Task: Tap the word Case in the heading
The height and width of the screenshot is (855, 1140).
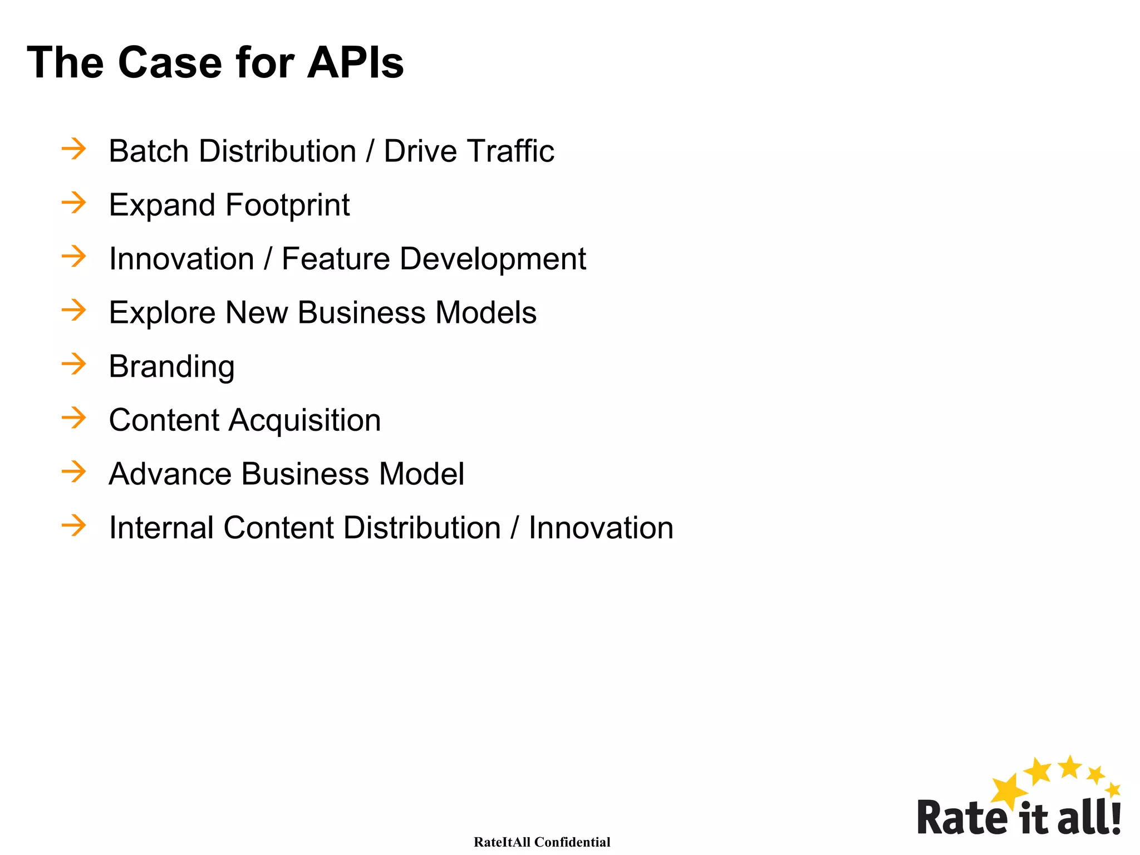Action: coord(170,62)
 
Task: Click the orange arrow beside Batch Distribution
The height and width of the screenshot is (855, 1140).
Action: coord(74,149)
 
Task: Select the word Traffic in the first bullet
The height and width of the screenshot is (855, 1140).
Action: coord(510,151)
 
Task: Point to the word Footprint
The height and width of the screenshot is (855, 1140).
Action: coord(287,205)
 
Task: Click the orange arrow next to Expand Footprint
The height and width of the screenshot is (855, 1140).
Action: coord(74,203)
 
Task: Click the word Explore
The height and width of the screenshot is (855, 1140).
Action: coord(162,313)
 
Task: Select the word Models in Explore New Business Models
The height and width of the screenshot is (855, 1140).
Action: coord(486,313)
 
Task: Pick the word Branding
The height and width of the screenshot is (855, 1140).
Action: coord(171,367)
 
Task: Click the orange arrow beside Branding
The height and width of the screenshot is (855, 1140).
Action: coord(74,364)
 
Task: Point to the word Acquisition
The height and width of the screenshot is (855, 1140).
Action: coord(305,420)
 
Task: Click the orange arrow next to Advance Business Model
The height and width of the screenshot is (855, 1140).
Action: coord(74,472)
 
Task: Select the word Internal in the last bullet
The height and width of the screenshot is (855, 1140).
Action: coord(161,528)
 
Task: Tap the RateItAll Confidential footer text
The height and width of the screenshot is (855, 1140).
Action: coord(542,842)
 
